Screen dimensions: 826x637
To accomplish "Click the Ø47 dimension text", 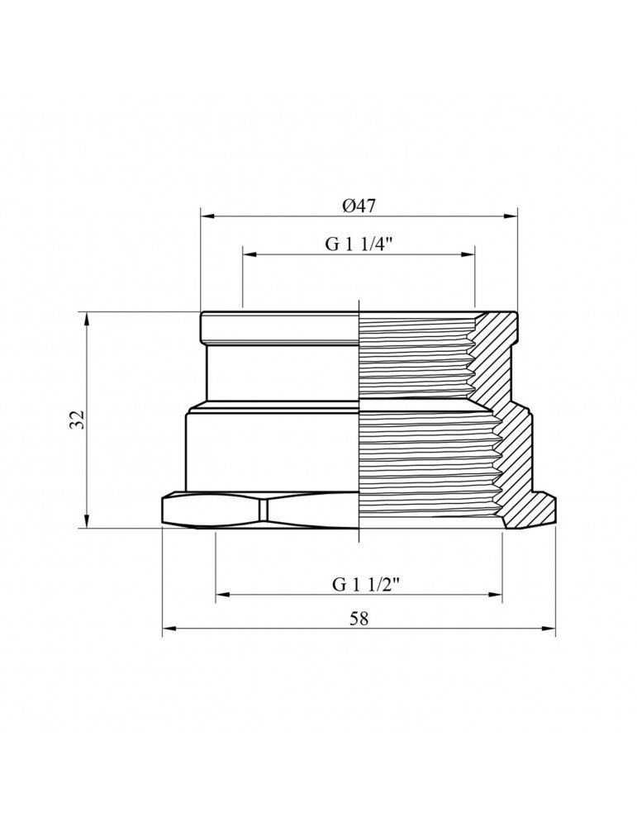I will pyautogui.click(x=359, y=205).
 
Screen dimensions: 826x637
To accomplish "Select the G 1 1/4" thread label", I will pyautogui.click(x=359, y=244).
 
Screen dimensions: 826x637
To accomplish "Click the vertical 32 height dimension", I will pyautogui.click(x=78, y=420).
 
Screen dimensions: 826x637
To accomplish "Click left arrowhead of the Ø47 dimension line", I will pyautogui.click(x=207, y=217).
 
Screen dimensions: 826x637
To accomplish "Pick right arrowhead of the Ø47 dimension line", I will pyautogui.click(x=512, y=217).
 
